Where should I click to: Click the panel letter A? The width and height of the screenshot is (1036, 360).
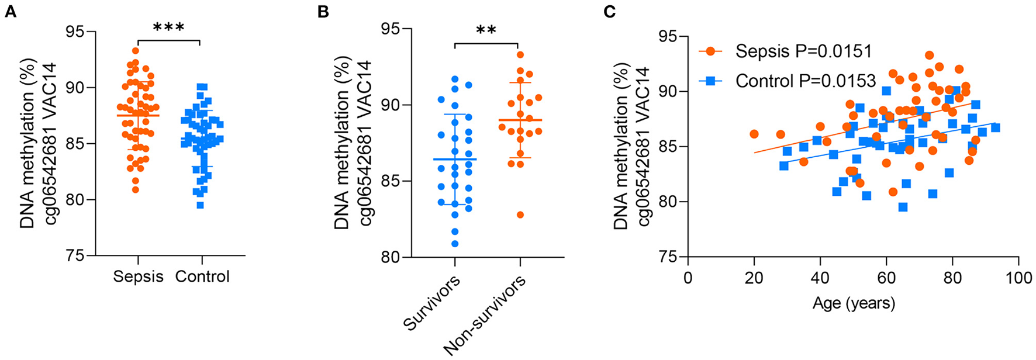coord(10,12)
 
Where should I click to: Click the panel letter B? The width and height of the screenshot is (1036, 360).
coord(323,12)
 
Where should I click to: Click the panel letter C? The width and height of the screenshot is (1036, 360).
coord(609,12)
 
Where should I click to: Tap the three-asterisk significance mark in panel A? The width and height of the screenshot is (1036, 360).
coord(168,27)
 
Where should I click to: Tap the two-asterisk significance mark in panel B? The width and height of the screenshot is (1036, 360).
coord(486,30)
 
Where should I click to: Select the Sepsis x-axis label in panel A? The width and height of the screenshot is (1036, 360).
coord(138,276)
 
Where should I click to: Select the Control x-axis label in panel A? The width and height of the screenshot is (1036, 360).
coord(202,276)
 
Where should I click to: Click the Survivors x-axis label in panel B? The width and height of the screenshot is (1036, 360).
coord(431,303)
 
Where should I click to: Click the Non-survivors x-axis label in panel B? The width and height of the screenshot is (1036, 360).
coord(485,316)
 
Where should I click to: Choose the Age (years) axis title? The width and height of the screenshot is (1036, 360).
coord(853,303)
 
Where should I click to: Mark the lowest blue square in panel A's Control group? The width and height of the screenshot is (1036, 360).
coord(201,205)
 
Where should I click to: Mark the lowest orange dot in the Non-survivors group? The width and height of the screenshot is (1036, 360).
coord(520,214)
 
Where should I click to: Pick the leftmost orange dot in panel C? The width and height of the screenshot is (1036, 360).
coord(754,134)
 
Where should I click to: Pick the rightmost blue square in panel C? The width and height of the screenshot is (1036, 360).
coord(995,127)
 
